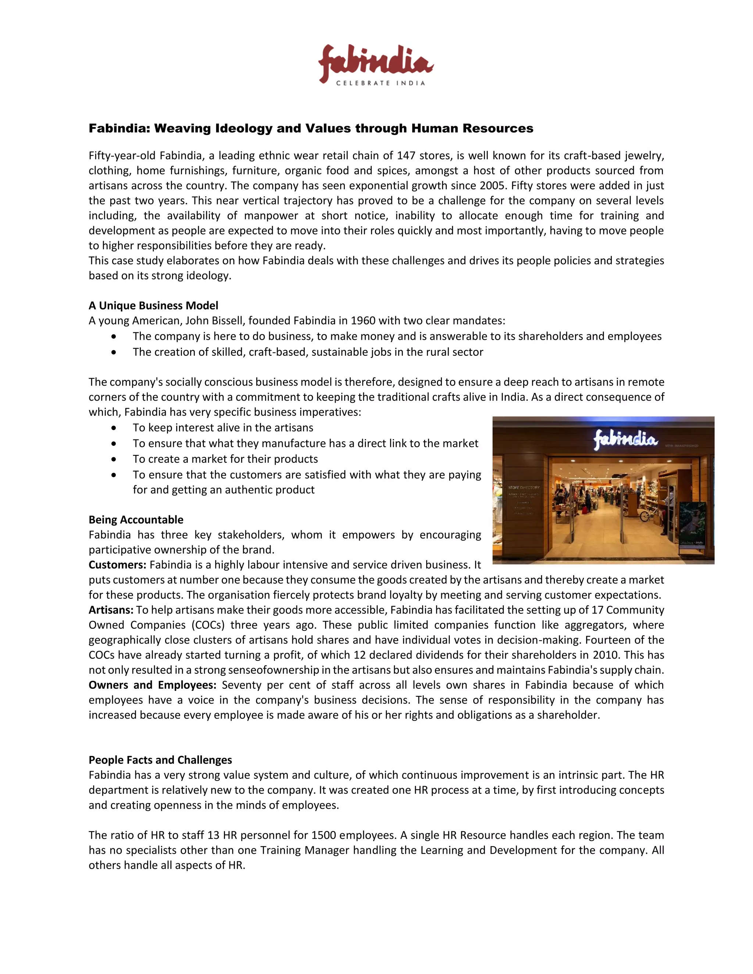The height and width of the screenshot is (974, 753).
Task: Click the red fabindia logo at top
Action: coord(376,62)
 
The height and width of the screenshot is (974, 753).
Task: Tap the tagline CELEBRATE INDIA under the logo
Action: coord(380,83)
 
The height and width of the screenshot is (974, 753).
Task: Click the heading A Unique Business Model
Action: coord(153,305)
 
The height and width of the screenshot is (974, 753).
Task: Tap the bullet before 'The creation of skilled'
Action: coord(114,352)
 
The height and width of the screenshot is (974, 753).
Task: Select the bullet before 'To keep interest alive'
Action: coord(114,428)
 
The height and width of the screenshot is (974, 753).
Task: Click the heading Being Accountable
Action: coord(136,520)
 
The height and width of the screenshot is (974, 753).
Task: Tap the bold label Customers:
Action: coord(117,565)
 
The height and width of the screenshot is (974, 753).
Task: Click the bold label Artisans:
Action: coord(111,610)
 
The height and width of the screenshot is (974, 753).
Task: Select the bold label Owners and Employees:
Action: coord(152,685)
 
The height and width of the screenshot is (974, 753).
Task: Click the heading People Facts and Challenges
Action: coord(160,760)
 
